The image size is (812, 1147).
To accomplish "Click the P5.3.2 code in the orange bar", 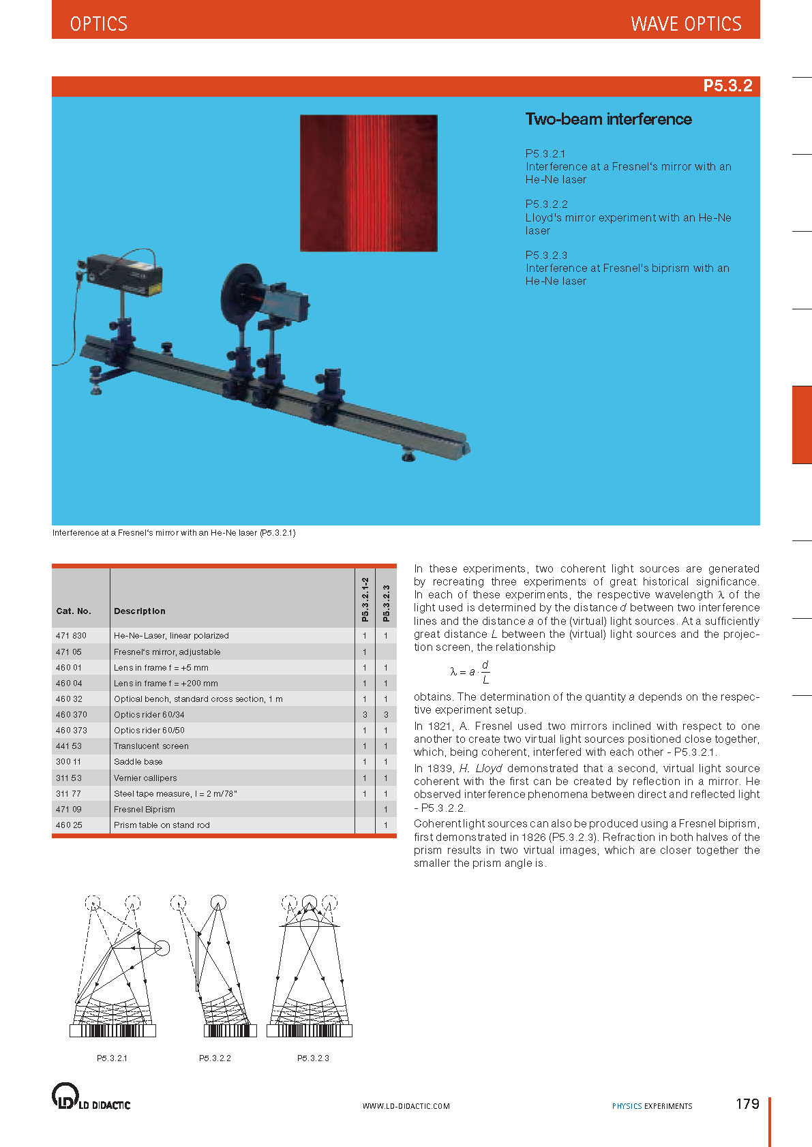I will (x=727, y=86).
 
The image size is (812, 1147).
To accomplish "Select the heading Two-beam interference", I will (x=608, y=119).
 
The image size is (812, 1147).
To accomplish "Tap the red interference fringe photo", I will (x=368, y=183).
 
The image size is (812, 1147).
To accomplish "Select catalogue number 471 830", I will (x=71, y=636).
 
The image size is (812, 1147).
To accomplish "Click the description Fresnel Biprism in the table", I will (x=145, y=810).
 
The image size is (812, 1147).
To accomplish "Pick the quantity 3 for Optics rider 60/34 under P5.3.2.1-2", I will (x=365, y=715).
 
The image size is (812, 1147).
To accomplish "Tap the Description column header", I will (x=140, y=611).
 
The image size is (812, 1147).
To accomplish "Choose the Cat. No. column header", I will (x=74, y=611).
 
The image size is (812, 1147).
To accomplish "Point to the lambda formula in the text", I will (x=470, y=672).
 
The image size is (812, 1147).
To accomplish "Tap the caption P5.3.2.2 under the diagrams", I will (x=215, y=1058).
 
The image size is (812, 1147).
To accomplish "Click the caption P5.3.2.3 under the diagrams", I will (x=313, y=1058).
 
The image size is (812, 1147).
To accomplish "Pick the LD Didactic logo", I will (x=91, y=1097).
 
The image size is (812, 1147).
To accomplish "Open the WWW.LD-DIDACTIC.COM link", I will (x=406, y=1106).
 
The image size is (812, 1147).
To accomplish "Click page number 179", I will (x=747, y=1104).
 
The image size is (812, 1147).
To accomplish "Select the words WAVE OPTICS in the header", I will (x=686, y=25).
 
